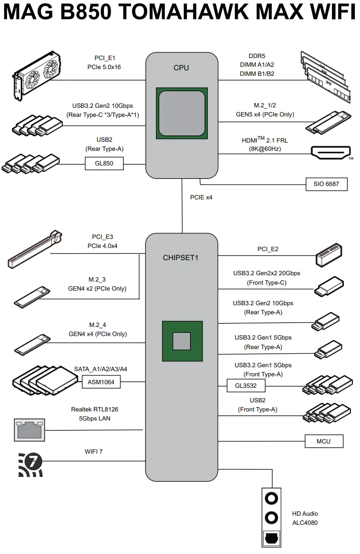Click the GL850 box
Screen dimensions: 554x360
tap(104, 163)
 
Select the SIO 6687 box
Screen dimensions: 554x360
tap(326, 184)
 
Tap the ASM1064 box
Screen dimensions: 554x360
tap(101, 382)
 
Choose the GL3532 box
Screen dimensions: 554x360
tap(246, 385)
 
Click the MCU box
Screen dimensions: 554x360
tap(324, 441)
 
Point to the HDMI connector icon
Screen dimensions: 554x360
tap(331, 152)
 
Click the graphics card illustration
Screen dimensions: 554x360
tap(37, 75)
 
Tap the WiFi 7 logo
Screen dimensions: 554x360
tap(30, 464)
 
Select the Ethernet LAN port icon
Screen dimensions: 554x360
tap(29, 430)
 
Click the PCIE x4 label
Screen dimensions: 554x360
tap(201, 197)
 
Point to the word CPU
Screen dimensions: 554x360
tap(181, 68)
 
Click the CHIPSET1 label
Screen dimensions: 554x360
tap(181, 257)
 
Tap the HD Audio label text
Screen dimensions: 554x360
tap(305, 513)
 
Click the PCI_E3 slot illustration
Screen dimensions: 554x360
tap(35, 250)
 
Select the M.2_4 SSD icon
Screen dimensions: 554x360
tap(32, 344)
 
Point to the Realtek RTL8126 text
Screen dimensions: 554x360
tap(94, 409)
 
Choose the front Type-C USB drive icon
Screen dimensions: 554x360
tap(329, 286)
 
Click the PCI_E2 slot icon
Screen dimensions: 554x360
tap(329, 255)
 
